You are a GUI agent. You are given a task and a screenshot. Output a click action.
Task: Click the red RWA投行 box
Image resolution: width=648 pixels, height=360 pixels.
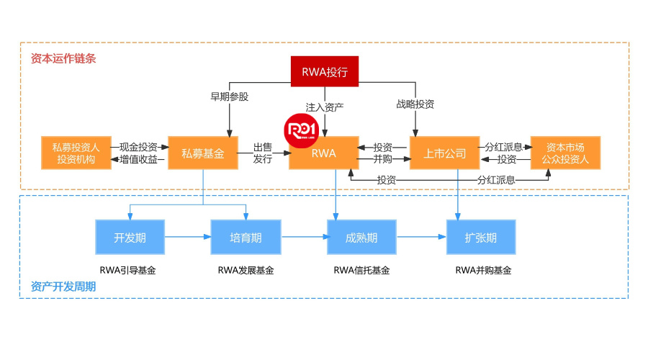click(x=325, y=71)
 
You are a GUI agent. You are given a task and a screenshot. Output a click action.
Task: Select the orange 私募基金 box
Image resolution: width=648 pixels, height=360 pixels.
click(x=203, y=153)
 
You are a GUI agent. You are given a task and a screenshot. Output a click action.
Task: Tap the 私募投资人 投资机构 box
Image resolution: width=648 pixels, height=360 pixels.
click(x=76, y=153)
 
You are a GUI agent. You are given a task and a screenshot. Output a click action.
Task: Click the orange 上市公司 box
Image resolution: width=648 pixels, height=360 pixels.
click(x=445, y=153)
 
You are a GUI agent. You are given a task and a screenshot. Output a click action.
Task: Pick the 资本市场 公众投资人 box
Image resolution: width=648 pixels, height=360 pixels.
click(x=564, y=153)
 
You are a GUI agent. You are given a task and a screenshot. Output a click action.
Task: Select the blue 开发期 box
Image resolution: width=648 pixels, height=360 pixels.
click(x=130, y=237)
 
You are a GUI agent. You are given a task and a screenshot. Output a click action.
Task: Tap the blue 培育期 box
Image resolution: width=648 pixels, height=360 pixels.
click(x=246, y=237)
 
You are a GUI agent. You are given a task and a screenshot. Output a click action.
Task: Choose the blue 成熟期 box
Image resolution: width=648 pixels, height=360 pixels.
click(x=361, y=237)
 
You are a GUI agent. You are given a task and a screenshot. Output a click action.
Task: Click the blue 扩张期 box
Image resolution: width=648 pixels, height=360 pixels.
click(x=481, y=237)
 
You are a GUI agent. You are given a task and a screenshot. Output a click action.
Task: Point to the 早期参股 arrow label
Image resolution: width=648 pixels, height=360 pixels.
click(x=229, y=97)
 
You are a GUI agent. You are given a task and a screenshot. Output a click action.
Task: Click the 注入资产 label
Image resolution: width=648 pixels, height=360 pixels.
click(x=325, y=107)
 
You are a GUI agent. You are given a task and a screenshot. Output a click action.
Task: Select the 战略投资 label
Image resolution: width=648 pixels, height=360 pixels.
click(x=415, y=104)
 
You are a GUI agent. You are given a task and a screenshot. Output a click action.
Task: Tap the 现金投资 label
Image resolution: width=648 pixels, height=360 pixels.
click(x=138, y=147)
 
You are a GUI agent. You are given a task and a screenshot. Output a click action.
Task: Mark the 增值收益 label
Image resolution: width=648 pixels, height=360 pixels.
click(x=138, y=159)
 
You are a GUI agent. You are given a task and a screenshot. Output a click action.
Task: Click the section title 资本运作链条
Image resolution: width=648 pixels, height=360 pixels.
click(x=63, y=58)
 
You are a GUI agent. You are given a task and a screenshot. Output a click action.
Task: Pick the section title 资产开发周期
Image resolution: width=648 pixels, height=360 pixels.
click(x=63, y=286)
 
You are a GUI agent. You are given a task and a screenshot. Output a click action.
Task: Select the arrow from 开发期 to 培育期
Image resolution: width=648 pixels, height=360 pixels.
click(x=188, y=236)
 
